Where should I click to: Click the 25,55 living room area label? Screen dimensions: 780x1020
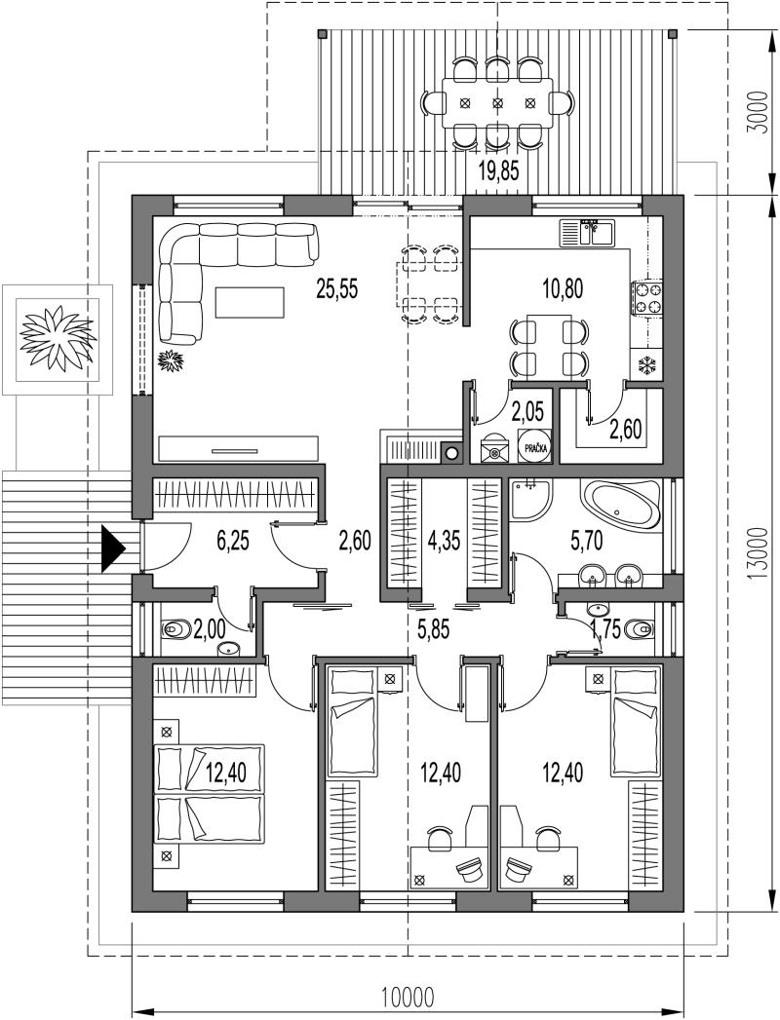(x=337, y=287)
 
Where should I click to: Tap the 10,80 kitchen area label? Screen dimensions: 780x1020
(x=564, y=287)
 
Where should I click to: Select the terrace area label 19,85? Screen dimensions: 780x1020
(x=498, y=171)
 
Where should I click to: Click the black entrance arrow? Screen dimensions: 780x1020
(x=113, y=550)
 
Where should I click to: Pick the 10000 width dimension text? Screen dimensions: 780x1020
(x=408, y=996)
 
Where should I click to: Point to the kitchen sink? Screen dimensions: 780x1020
(x=586, y=233)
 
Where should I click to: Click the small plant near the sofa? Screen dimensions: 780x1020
(x=173, y=359)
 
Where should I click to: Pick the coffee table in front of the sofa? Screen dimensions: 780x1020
(x=250, y=302)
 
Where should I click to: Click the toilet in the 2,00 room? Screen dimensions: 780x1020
(x=177, y=629)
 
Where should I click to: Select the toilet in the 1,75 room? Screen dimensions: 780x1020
(x=638, y=629)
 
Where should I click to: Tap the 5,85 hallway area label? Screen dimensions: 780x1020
(x=433, y=629)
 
